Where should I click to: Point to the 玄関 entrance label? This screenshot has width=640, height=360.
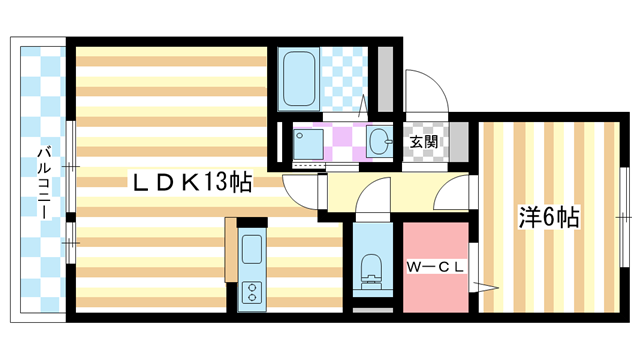(423, 141)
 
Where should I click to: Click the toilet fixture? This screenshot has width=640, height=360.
(371, 269)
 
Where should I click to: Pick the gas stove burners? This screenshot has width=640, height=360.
(250, 293)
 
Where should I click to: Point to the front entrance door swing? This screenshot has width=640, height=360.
(424, 90)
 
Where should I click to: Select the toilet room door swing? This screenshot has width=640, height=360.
(371, 200)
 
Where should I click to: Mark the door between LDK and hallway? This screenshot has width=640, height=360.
(301, 189)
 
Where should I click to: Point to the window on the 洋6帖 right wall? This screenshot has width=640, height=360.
(624, 215)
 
